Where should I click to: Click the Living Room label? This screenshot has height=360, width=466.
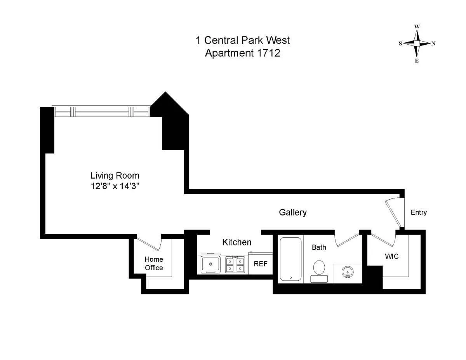[x=115, y=176]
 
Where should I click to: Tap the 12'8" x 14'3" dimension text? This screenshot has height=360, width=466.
[x=115, y=186]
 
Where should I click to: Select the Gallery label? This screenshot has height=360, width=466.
[x=293, y=213]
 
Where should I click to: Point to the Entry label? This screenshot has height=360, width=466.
[x=419, y=212]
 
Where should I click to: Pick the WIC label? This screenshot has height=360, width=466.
[x=391, y=256]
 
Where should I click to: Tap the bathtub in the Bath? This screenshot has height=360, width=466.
[x=290, y=259]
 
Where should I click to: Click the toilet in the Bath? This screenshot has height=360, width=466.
[x=319, y=271]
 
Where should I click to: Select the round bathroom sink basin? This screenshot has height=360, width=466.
[x=348, y=272]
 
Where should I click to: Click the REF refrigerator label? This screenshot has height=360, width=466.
[x=261, y=264]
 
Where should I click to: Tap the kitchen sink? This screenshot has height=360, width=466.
[x=210, y=264]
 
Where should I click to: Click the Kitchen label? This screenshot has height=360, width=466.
[x=237, y=242]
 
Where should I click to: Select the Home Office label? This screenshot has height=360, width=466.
[x=154, y=264]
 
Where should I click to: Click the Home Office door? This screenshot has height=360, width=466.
[x=150, y=243]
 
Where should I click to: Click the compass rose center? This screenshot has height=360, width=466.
[x=417, y=43]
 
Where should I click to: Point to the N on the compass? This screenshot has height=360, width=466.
[x=433, y=43]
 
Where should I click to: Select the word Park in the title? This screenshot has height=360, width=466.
[x=252, y=40]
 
